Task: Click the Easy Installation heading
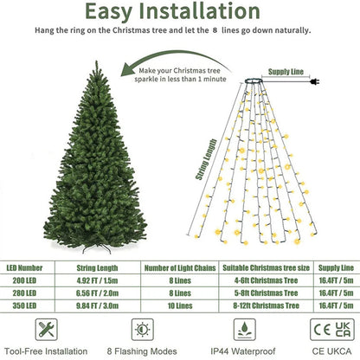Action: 179,11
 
